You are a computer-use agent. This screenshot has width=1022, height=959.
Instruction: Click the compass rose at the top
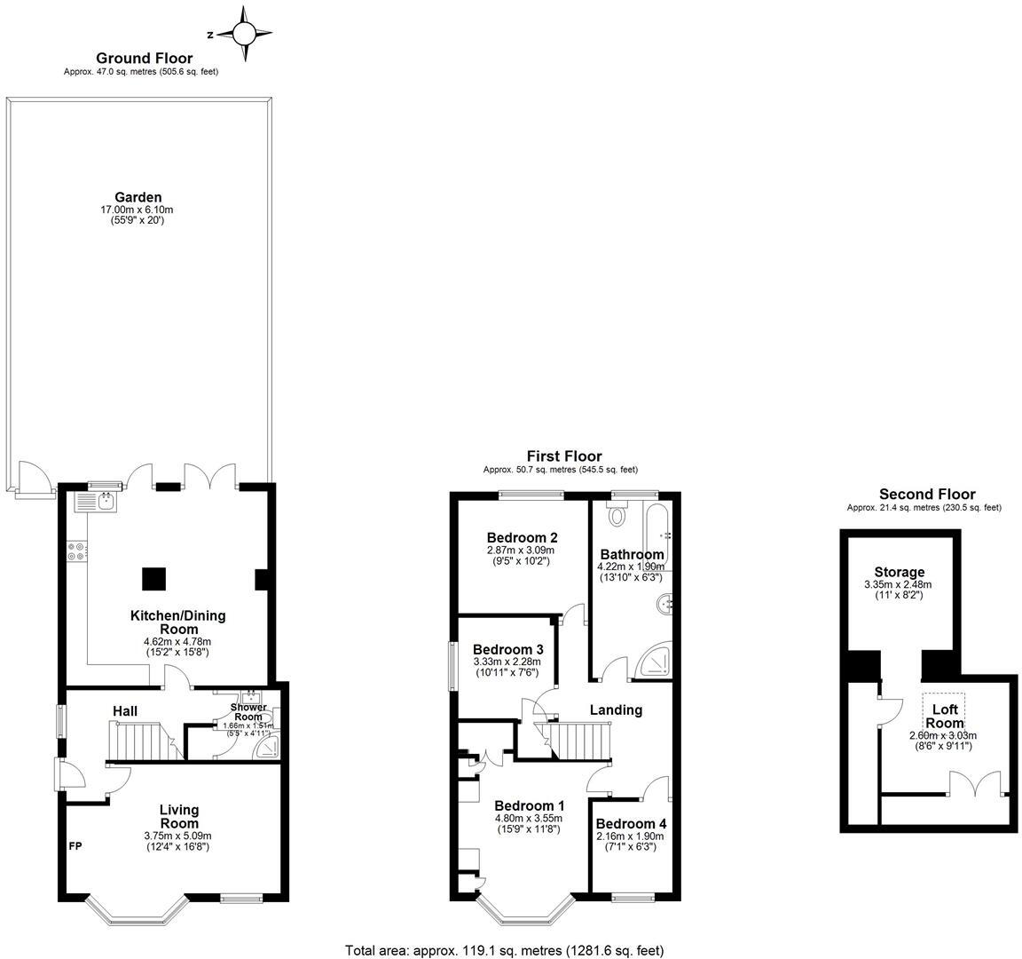[x=242, y=35]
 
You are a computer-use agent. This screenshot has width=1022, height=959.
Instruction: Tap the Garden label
[x=138, y=197]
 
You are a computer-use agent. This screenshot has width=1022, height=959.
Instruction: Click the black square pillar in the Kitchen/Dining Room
[x=153, y=579]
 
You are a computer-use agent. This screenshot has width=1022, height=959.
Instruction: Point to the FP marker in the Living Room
[x=75, y=846]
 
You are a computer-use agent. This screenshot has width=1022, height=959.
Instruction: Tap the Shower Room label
[x=248, y=712]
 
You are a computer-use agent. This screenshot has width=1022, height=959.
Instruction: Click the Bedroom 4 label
[x=630, y=823]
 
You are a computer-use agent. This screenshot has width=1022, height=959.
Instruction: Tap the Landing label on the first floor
[x=616, y=709]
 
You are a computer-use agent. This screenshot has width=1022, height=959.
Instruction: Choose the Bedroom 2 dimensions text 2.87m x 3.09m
[x=522, y=550]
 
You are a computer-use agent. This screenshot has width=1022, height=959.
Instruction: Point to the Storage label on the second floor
[x=899, y=572]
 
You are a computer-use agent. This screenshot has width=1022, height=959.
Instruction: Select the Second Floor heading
[x=927, y=494]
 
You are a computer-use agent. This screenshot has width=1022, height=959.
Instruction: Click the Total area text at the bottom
[x=504, y=949]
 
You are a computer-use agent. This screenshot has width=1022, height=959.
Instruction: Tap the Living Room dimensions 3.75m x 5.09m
[x=179, y=836]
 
